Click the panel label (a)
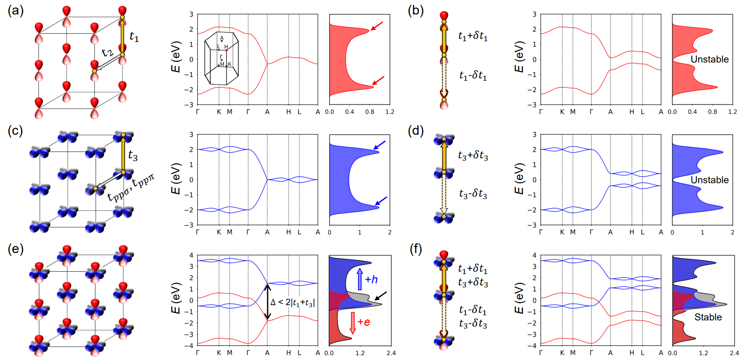(15, 10)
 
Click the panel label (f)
(416, 249)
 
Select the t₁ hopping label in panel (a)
(134, 37)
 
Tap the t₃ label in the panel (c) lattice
(133, 155)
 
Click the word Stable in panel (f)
(708, 317)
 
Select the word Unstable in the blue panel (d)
(709, 180)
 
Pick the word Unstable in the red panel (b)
(709, 59)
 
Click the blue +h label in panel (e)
(371, 279)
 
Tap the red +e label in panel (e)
(363, 322)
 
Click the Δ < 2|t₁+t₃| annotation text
(292, 302)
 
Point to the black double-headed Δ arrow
(267, 302)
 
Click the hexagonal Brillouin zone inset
(221, 59)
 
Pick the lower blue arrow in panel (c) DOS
(381, 201)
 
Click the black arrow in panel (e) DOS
(380, 296)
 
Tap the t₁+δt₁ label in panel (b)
(473, 36)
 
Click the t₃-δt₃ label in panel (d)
(473, 194)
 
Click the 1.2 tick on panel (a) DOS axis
(390, 112)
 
